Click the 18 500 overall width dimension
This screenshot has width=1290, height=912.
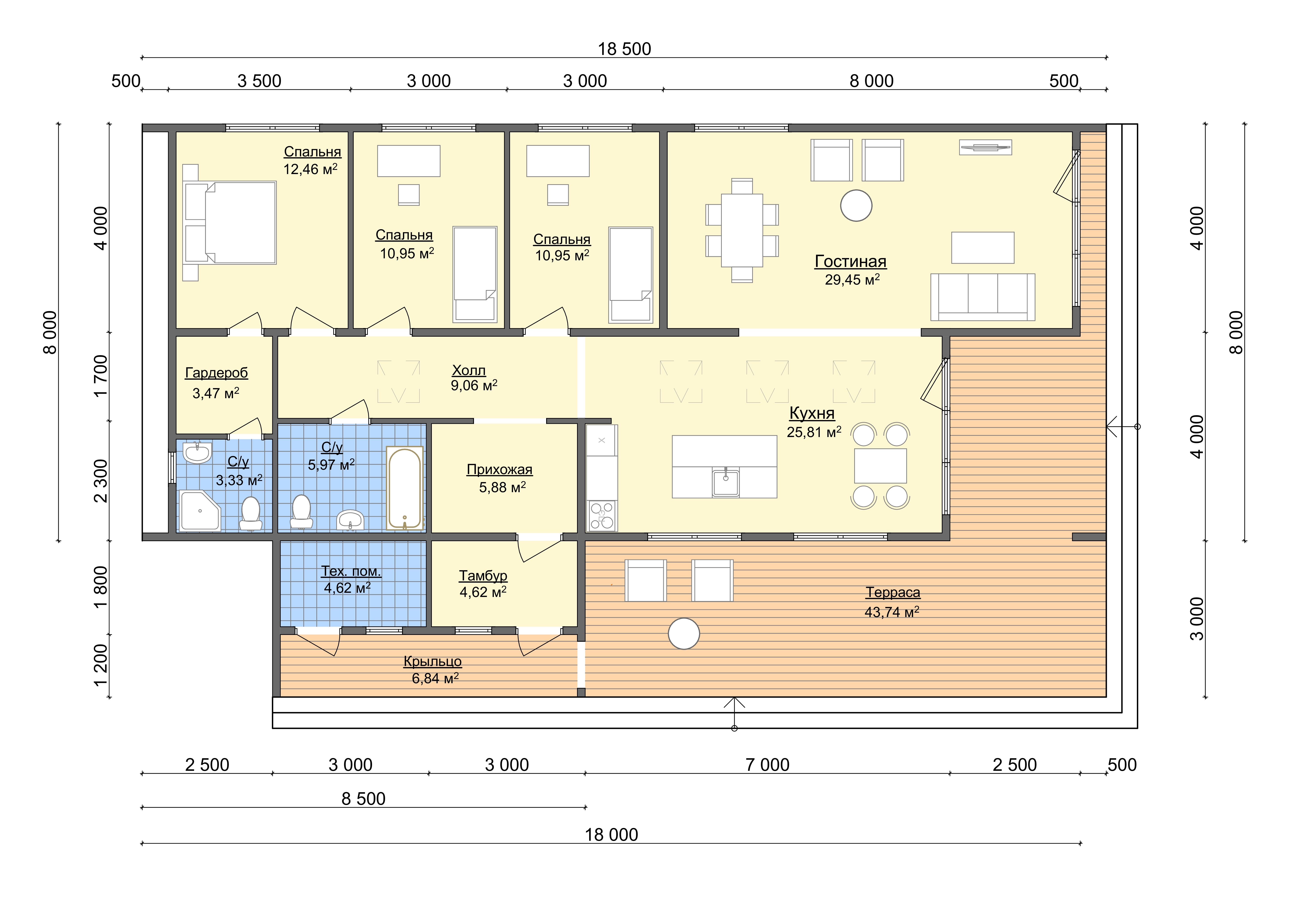pos(624,49)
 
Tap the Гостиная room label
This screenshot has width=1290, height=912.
pos(851,262)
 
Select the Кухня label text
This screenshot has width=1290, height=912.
pos(812,413)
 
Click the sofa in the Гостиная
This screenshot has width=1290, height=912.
pos(983,297)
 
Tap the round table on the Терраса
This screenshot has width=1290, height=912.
pos(684,633)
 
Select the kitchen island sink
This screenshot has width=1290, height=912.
pos(725,482)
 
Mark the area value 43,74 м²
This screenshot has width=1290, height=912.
pos(892,612)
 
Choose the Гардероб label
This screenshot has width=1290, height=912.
pos(216,373)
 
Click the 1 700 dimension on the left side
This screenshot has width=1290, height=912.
pos(101,376)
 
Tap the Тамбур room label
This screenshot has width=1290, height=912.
pos(483,576)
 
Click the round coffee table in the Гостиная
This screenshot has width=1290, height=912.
pos(856,206)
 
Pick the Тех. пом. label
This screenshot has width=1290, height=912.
pos(351,571)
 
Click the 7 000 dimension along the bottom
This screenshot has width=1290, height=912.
pos(767,765)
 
